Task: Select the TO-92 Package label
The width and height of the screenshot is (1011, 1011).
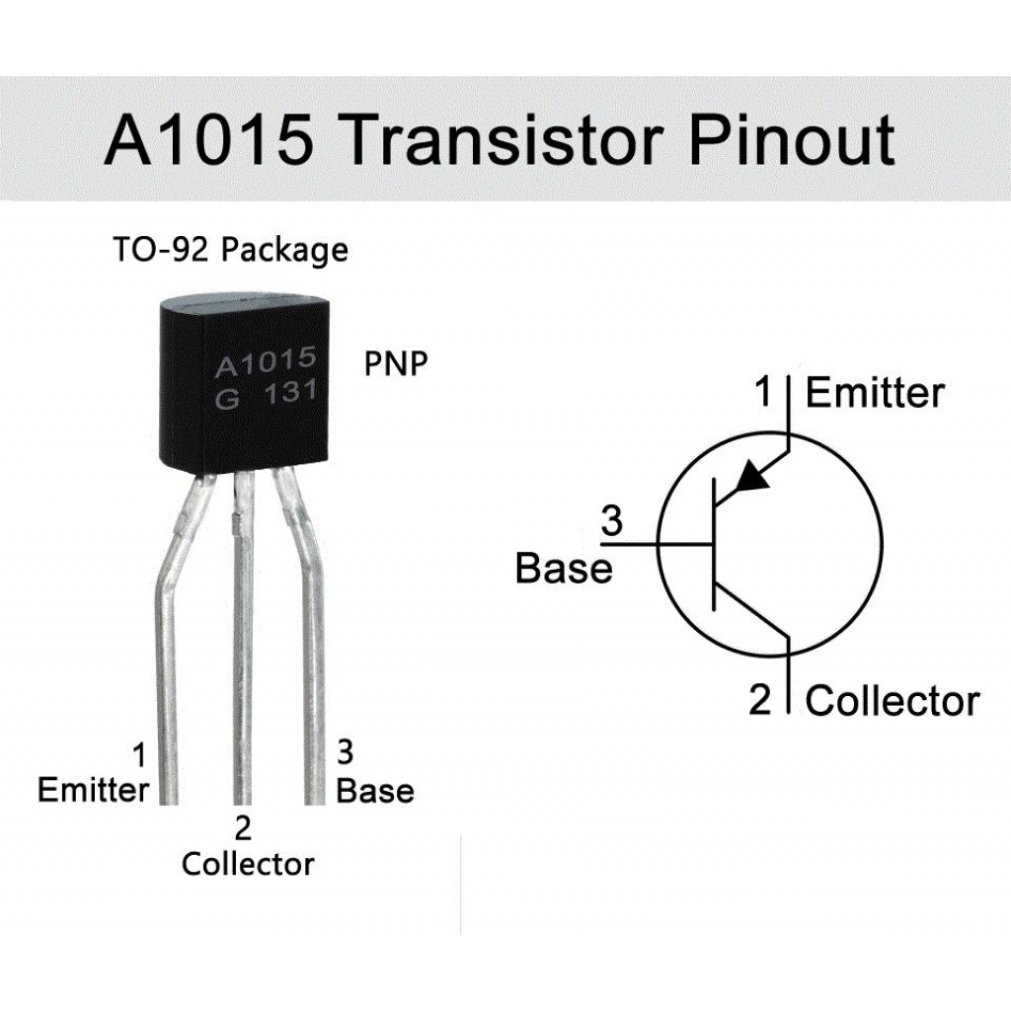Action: [x=229, y=250]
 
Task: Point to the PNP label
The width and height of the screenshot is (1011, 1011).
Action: [x=396, y=363]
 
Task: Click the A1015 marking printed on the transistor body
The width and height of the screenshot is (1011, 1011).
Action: [x=266, y=362]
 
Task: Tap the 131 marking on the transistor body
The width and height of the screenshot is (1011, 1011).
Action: [x=289, y=393]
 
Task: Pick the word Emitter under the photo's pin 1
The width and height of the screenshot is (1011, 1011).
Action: [x=93, y=790]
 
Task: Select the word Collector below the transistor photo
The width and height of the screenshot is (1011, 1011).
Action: [x=248, y=864]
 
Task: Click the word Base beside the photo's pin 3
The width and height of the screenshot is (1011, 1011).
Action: [x=375, y=790]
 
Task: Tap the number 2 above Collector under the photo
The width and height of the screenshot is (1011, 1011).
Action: [x=243, y=827]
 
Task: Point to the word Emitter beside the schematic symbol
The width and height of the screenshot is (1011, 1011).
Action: [x=875, y=393]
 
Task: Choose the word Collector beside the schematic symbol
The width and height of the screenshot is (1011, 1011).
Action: [x=892, y=701]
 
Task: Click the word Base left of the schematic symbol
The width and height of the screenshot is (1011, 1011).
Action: [x=564, y=569]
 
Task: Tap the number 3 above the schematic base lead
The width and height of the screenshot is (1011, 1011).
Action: [x=612, y=520]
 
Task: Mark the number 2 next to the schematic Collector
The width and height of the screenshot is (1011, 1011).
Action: [x=759, y=700]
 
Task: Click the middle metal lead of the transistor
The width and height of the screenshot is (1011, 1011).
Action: [x=243, y=642]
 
